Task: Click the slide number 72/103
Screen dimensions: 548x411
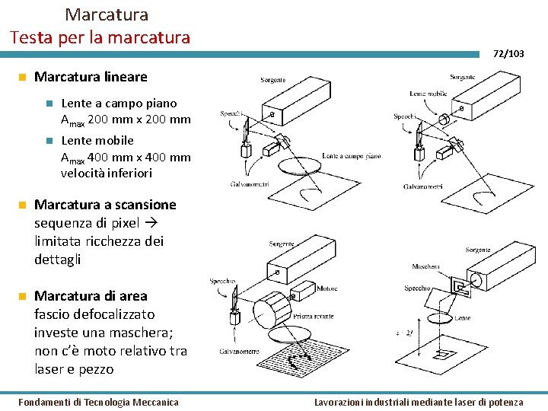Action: point(508,53)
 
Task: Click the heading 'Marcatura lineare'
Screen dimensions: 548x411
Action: point(91,77)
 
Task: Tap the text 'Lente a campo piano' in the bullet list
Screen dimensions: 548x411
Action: point(119,103)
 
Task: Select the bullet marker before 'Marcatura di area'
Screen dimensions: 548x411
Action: point(23,295)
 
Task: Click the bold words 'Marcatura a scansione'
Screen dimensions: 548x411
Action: point(105,205)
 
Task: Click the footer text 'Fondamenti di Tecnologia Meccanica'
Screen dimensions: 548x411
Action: point(98,402)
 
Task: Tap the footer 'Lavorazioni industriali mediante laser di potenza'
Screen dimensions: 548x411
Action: point(419,402)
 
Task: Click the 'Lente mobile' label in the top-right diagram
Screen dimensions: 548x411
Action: point(428,94)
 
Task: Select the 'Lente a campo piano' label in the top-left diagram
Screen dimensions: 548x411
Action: point(351,155)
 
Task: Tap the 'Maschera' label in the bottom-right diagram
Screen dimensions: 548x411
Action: point(425,266)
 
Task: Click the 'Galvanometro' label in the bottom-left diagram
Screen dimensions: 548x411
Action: point(239,352)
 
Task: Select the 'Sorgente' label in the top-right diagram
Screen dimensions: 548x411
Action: point(462,77)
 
